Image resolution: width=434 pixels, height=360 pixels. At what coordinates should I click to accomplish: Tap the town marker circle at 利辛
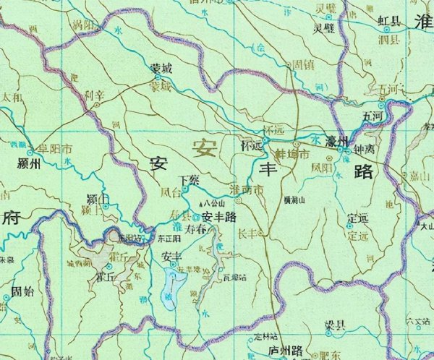point(96,105)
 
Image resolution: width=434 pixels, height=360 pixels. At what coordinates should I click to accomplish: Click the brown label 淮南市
point(246,189)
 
